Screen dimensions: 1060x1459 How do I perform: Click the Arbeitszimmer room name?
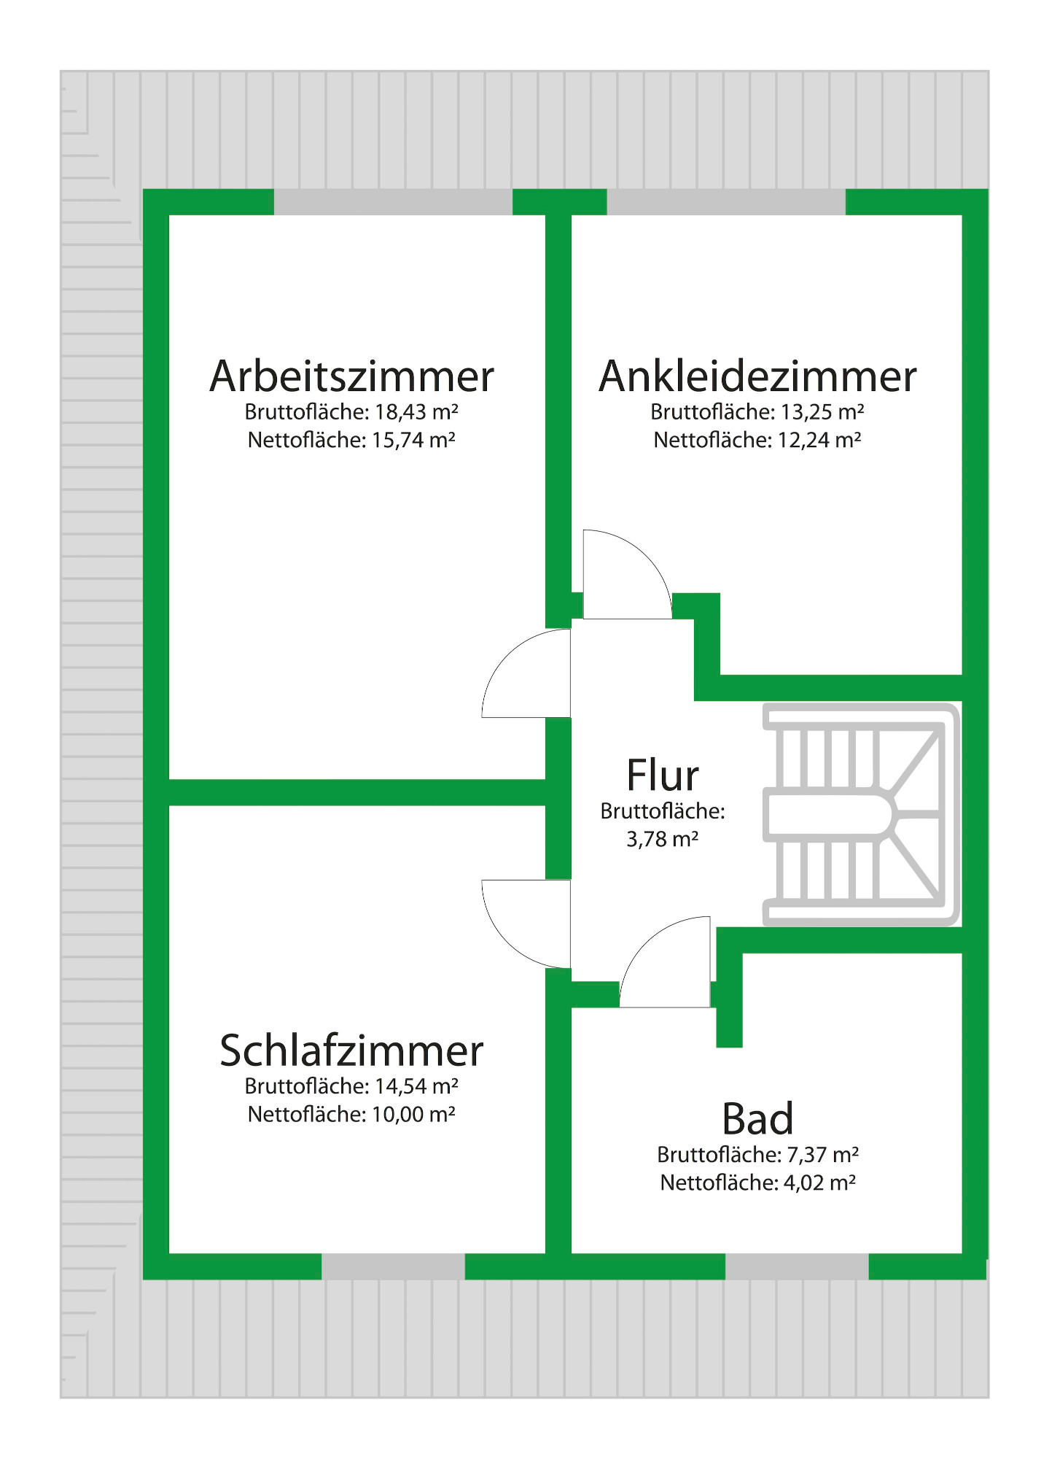click(351, 376)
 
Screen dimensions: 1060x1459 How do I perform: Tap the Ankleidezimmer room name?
click(757, 376)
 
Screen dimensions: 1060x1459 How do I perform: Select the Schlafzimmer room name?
click(351, 1050)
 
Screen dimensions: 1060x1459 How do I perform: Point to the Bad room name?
click(757, 1118)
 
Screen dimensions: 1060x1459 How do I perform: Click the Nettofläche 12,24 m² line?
click(757, 441)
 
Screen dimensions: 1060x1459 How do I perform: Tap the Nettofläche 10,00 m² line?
click(351, 1115)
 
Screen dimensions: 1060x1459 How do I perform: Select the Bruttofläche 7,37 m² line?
click(757, 1155)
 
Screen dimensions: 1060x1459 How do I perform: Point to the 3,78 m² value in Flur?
click(663, 840)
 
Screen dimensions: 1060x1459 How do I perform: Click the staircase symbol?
click(861, 814)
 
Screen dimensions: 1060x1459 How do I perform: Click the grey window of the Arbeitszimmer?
click(393, 202)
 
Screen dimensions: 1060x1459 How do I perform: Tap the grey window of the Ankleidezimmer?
click(726, 202)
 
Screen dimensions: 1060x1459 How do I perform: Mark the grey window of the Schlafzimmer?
click(393, 1267)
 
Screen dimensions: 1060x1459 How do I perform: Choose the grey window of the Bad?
click(797, 1267)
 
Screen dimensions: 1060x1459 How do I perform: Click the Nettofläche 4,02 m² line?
click(757, 1183)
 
